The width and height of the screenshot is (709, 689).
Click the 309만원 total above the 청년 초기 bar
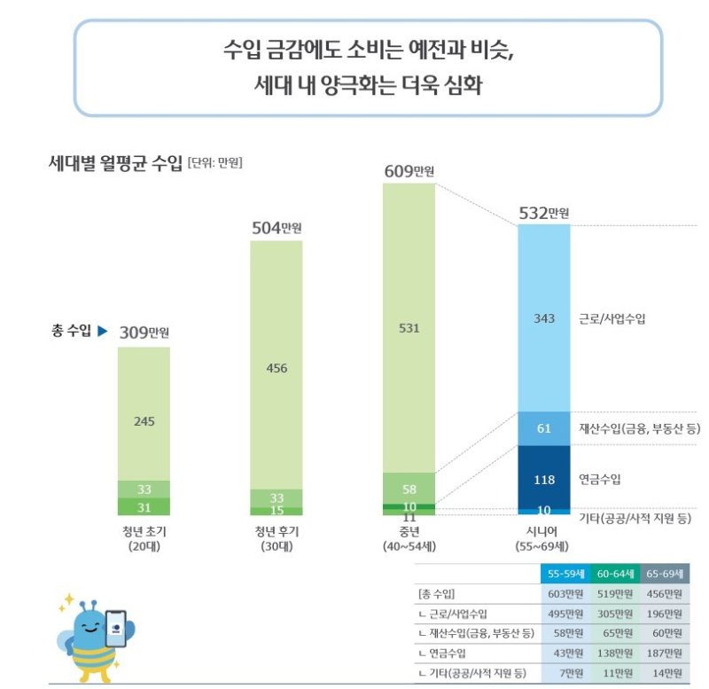tap(144, 333)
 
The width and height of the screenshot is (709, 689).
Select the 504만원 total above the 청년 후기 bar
tap(277, 227)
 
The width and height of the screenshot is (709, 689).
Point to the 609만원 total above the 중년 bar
tap(409, 171)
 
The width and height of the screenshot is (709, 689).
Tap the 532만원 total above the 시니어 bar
tap(543, 213)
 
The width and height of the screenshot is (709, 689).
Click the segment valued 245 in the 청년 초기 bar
tap(144, 420)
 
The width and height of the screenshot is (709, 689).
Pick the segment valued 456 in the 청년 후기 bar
tap(277, 368)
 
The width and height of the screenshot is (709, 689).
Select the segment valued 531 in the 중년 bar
tap(409, 328)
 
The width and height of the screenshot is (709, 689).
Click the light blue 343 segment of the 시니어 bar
tap(544, 317)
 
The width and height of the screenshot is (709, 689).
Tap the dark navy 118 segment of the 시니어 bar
tap(544, 480)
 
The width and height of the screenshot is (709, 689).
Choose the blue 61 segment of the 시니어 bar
tap(544, 429)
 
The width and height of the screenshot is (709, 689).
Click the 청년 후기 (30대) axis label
tap(277, 539)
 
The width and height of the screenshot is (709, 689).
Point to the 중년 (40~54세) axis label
tap(409, 539)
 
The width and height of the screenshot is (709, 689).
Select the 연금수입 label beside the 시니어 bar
tap(600, 480)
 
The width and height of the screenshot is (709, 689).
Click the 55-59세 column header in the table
tap(565, 575)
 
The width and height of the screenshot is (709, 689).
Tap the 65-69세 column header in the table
tap(665, 575)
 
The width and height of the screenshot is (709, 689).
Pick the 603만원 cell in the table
tap(565, 594)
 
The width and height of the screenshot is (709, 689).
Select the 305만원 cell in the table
tap(615, 615)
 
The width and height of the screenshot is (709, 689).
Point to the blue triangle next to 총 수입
tap(102, 332)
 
